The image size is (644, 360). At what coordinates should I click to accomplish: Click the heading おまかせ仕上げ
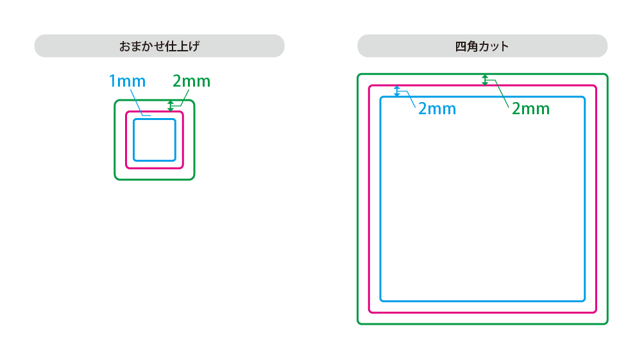click(159, 46)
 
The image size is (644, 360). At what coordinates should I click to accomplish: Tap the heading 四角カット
click(482, 46)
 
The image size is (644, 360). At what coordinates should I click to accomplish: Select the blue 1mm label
click(127, 81)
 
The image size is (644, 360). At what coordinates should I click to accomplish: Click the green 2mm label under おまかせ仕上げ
click(191, 81)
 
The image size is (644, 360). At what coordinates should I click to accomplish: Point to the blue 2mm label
click(437, 108)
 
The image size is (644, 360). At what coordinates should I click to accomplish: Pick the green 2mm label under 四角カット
click(530, 108)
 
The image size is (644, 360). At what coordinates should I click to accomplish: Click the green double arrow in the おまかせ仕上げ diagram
click(171, 106)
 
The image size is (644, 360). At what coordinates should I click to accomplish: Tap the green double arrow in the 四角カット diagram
click(485, 80)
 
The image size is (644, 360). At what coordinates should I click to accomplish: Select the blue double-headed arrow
click(397, 91)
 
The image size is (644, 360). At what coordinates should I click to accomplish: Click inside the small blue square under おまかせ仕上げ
click(155, 140)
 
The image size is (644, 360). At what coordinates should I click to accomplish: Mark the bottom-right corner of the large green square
click(606, 323)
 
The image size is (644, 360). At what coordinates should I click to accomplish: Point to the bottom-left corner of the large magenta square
click(369, 312)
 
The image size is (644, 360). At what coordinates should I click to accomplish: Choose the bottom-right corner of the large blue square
click(584, 300)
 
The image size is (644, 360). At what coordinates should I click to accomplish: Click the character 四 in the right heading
click(460, 46)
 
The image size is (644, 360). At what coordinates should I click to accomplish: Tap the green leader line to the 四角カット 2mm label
click(500, 93)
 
